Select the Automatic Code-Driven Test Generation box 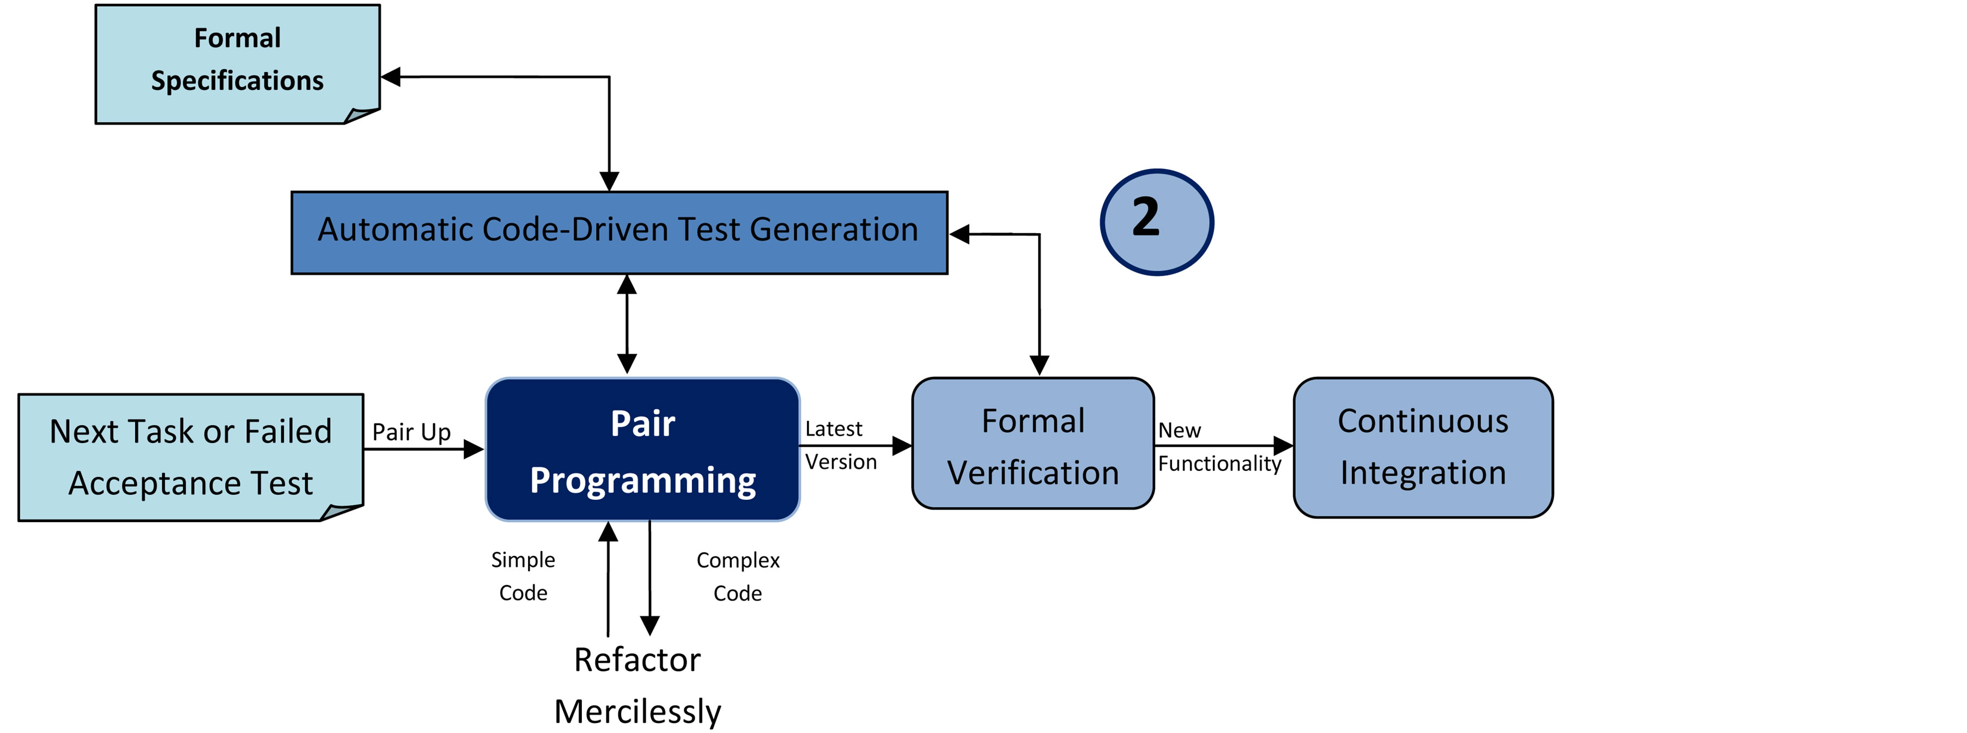[618, 232]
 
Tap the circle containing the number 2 [1156, 221]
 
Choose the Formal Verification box [1033, 444]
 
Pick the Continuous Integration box [1423, 447]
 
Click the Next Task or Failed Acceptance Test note [191, 457]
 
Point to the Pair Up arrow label [411, 432]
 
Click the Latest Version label [840, 445]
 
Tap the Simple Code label [523, 576]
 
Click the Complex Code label [738, 577]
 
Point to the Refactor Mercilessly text [637, 685]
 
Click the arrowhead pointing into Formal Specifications [391, 76]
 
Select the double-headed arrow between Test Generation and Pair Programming [627, 324]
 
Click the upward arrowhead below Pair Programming [608, 531]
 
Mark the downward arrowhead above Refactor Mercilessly [650, 625]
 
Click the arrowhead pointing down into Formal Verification [1039, 365]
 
